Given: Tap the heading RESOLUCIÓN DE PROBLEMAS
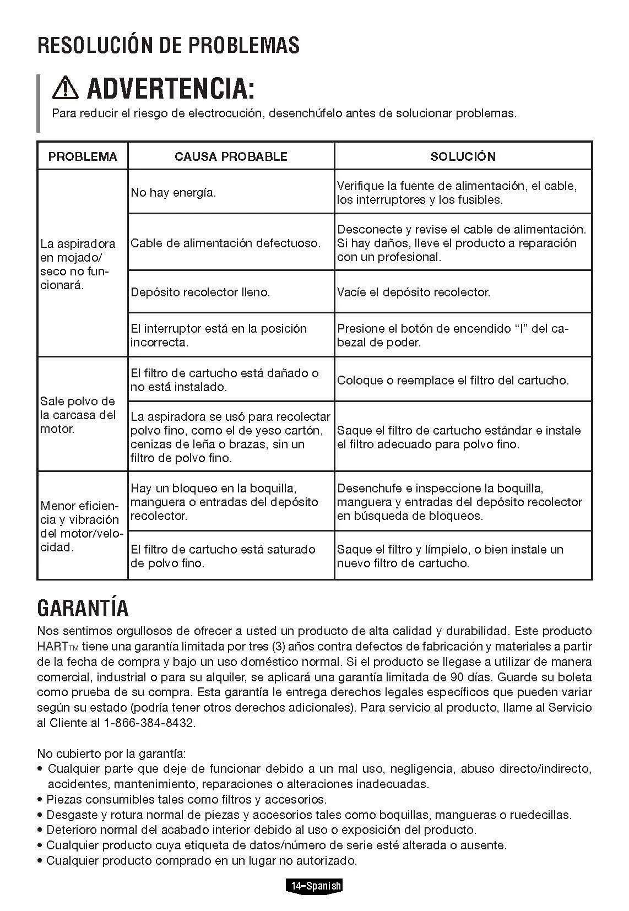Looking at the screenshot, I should point(168,45).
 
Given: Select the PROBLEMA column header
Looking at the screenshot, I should point(83,156).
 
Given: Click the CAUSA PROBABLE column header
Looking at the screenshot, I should point(231,156).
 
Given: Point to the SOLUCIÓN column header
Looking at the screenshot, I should point(463,156).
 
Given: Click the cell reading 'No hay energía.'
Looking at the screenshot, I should point(173,193).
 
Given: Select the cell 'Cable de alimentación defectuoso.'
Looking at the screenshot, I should point(225,243).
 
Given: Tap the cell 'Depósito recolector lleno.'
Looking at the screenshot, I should point(200,292).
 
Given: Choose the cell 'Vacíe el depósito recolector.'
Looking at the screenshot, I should point(413,292).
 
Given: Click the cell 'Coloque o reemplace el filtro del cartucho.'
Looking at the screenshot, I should point(453,380).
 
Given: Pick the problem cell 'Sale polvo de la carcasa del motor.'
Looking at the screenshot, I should point(78,415).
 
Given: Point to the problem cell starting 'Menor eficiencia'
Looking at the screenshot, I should point(81,527).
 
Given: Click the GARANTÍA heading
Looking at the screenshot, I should point(83,608).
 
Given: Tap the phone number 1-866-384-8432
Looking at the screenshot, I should point(149,723).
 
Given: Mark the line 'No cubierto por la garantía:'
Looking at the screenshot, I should point(111,753).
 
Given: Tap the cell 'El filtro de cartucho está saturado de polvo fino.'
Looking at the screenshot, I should point(223,556).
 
